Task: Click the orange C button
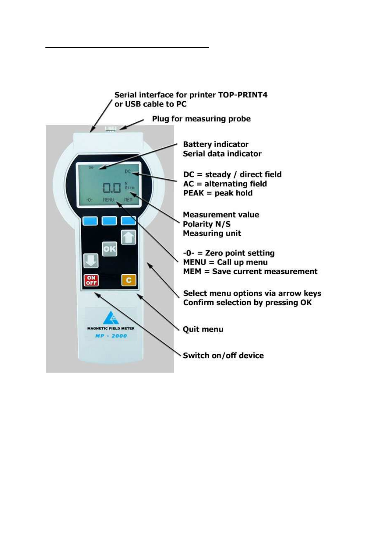point(129,280)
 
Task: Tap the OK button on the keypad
point(109,249)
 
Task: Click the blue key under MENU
point(109,221)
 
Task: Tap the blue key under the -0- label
point(90,221)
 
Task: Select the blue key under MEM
point(128,220)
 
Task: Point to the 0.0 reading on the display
point(112,188)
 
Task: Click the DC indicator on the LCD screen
point(128,171)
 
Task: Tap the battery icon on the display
point(91,167)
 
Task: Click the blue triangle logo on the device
point(111,318)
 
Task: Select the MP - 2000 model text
point(111,336)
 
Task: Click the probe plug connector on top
point(111,128)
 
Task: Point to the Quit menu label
point(203,329)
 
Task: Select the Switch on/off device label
point(223,355)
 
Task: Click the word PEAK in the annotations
point(194,193)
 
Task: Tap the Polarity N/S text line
point(207,224)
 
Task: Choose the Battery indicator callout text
point(216,144)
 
